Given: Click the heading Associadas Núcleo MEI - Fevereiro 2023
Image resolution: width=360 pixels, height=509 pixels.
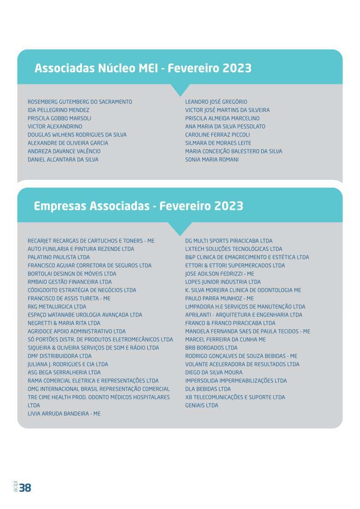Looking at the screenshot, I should (143, 68).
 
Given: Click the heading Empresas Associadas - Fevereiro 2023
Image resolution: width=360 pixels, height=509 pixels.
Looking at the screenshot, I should (138, 206).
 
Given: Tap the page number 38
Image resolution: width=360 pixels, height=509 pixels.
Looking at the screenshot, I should (25, 488).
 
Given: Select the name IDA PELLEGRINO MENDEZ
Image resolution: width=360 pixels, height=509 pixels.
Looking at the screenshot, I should (58, 110).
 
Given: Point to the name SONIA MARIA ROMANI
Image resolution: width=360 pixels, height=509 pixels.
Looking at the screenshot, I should (212, 160).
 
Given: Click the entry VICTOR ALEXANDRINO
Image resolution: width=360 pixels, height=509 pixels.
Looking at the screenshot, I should (55, 127).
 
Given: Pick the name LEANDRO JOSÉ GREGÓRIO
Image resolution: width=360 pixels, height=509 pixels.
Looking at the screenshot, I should (216, 102).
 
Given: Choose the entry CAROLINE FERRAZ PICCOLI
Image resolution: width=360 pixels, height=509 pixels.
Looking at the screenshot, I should (218, 135).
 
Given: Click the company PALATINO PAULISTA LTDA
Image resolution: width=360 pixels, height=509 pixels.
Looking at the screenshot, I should (58, 257).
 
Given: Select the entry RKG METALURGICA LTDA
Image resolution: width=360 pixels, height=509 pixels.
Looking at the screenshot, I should (57, 307).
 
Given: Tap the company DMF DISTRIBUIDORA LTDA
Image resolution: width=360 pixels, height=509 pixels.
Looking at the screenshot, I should (59, 356).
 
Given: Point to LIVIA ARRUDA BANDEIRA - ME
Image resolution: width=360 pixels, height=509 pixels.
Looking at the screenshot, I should (64, 414).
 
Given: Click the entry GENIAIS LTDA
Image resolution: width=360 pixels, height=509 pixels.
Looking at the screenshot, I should (202, 406).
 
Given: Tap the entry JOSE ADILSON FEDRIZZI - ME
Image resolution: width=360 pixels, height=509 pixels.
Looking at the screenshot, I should (219, 274).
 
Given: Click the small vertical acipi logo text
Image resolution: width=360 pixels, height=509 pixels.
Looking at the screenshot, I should (15, 486).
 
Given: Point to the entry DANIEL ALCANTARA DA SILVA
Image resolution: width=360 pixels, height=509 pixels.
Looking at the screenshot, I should (63, 160).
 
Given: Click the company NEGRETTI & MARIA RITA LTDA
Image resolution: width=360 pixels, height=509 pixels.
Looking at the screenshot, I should (64, 323).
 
